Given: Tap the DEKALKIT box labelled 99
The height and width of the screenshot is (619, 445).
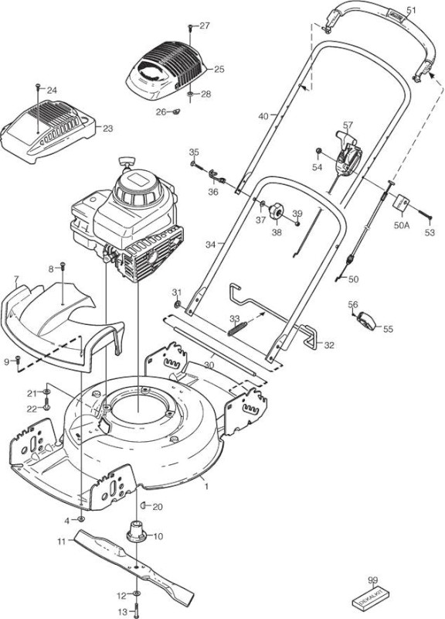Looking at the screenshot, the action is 372,596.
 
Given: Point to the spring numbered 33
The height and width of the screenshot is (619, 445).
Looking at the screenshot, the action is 237,329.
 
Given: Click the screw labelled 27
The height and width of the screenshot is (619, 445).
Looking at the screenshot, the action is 190,27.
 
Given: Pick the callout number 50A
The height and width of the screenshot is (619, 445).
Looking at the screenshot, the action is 402,225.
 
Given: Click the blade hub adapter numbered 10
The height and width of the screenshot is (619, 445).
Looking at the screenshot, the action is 137,531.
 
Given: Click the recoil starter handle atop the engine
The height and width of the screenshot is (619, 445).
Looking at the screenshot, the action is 126,162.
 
